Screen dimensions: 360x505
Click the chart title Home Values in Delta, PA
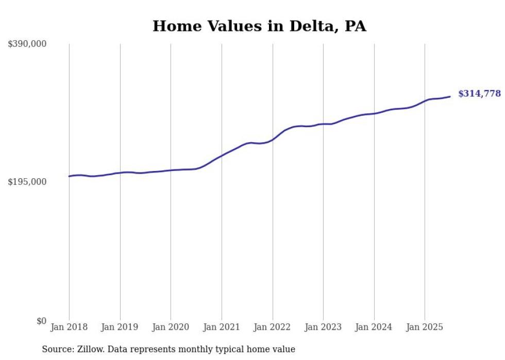pos(259,26)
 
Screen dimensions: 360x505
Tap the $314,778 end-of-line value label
pos(479,94)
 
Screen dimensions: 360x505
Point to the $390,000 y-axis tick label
pos(27,44)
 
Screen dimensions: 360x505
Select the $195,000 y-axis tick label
pos(27,182)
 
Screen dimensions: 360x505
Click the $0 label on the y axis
pos(41,321)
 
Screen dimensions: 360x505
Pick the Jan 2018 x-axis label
pos(69,327)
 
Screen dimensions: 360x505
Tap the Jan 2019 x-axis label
pos(120,327)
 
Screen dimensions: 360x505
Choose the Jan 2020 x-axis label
pos(171,327)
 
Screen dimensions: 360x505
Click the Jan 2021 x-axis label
pos(222,327)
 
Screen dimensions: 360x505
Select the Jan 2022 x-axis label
pos(273,327)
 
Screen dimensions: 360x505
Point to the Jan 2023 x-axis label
pos(323,327)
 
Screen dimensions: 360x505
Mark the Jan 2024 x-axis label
pos(374,327)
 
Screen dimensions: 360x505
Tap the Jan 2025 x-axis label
pos(425,327)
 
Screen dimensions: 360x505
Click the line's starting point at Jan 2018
pos(69,176)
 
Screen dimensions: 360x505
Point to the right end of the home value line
pos(450,96)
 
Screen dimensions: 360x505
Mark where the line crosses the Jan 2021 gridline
pos(222,156)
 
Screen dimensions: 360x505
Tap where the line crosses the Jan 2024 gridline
pos(374,113)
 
